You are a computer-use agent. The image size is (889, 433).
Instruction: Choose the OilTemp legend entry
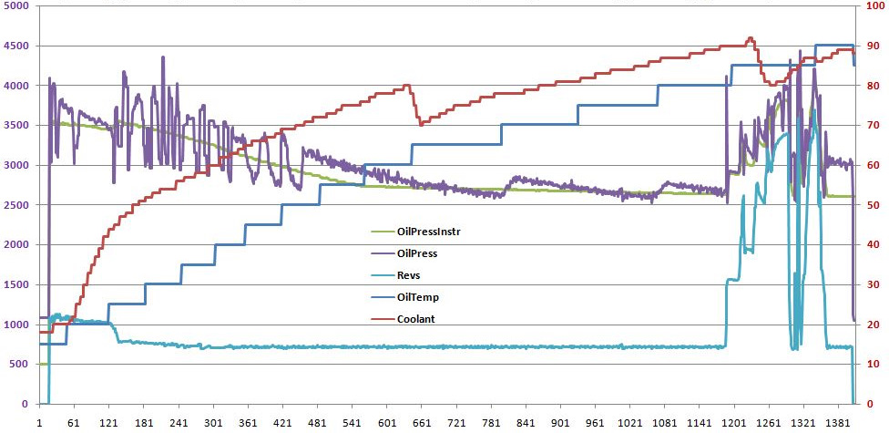coord(417,296)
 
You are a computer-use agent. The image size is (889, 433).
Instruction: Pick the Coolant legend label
coord(416,318)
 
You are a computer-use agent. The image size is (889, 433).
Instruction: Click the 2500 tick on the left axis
coord(15,205)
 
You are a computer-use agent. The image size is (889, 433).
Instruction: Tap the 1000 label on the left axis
coord(15,325)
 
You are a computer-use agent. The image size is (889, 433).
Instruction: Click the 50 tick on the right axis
coord(872,205)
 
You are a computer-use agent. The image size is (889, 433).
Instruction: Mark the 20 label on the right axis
coord(872,325)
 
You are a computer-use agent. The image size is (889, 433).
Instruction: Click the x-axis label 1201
coord(733,424)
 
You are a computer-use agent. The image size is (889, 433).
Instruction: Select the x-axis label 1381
coord(837,424)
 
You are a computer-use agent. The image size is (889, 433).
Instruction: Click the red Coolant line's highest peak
coord(750,38)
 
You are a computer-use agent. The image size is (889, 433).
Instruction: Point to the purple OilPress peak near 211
coord(163,57)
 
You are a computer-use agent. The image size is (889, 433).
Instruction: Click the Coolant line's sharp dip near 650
coord(420,124)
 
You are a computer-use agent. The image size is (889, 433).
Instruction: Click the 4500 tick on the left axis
coord(15,46)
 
